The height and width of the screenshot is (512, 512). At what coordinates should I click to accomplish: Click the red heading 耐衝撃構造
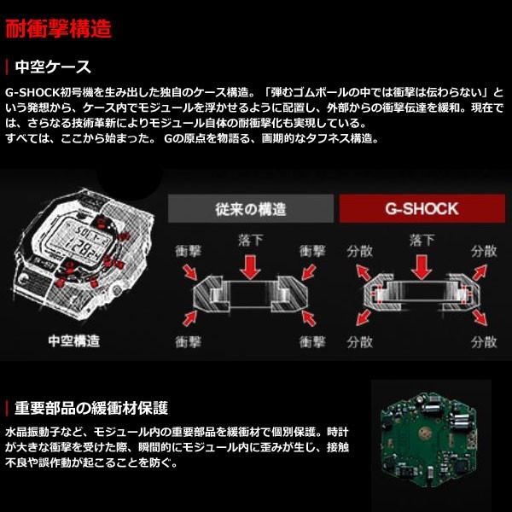59,28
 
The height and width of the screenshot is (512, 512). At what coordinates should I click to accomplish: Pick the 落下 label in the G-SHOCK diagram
418,241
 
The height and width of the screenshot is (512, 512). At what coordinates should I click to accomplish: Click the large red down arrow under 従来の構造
248,266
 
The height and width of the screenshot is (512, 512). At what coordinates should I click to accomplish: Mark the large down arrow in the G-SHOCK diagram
418,266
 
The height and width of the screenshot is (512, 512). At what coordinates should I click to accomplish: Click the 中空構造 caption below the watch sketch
73,341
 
